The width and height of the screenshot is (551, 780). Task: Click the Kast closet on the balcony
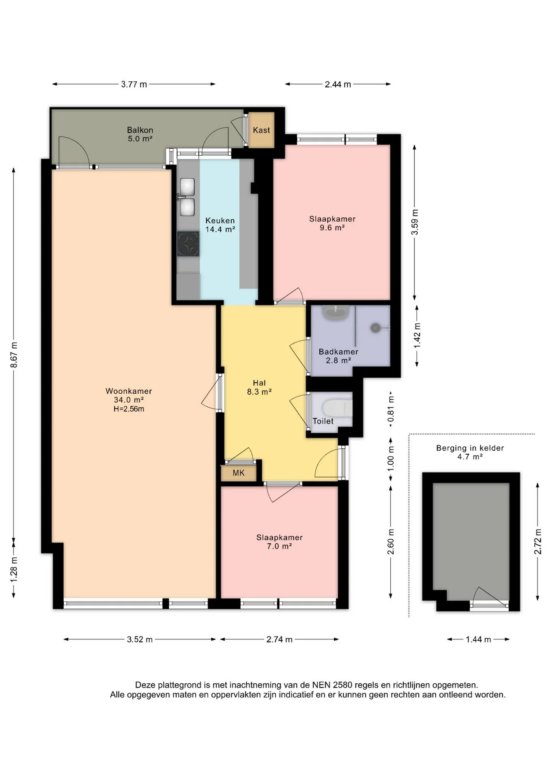261,130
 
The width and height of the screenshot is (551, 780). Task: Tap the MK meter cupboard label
239,473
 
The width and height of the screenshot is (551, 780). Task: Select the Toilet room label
323,421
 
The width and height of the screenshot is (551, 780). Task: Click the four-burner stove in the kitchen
188,244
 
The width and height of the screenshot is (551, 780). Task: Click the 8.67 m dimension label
14,355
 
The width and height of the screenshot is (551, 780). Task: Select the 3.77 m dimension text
134,84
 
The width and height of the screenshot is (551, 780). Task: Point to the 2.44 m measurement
338,84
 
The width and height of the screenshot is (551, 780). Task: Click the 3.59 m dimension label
415,222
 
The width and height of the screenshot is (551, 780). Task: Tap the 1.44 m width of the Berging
478,639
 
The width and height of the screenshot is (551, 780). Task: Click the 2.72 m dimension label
538,541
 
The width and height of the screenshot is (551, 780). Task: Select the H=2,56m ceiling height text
129,409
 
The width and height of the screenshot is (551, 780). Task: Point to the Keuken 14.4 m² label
220,225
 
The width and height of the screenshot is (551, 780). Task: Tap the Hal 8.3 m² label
259,387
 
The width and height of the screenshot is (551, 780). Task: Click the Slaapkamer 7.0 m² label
280,542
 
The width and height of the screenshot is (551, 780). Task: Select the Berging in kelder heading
470,448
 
